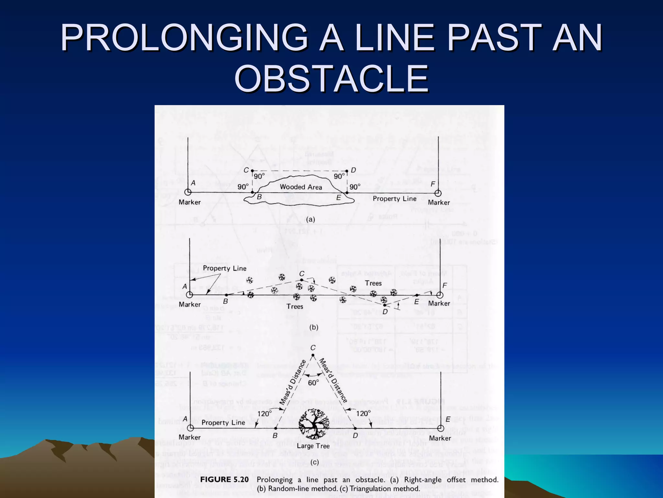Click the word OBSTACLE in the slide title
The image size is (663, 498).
point(331,79)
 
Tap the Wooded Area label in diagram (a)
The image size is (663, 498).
point(301,187)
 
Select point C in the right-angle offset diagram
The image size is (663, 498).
point(253,171)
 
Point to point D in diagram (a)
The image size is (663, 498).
point(347,171)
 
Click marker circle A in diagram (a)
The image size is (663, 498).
point(187,192)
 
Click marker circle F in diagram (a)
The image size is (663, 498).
point(438,193)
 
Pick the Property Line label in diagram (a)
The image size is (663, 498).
point(395,198)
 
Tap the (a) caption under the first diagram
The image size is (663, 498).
point(310,219)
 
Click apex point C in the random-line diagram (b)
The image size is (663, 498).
point(302,280)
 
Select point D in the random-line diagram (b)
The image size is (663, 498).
point(384,305)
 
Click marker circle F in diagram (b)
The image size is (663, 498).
point(440,295)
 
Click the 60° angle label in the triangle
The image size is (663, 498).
point(313,383)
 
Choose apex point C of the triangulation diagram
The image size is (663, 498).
point(313,355)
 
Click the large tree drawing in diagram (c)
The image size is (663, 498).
point(313,423)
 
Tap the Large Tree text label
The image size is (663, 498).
point(313,446)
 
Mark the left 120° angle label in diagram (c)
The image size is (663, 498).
point(264,414)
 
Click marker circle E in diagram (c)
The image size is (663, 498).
point(440,428)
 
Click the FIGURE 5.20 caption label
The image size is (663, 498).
point(224,480)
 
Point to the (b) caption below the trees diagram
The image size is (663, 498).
point(313,327)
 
